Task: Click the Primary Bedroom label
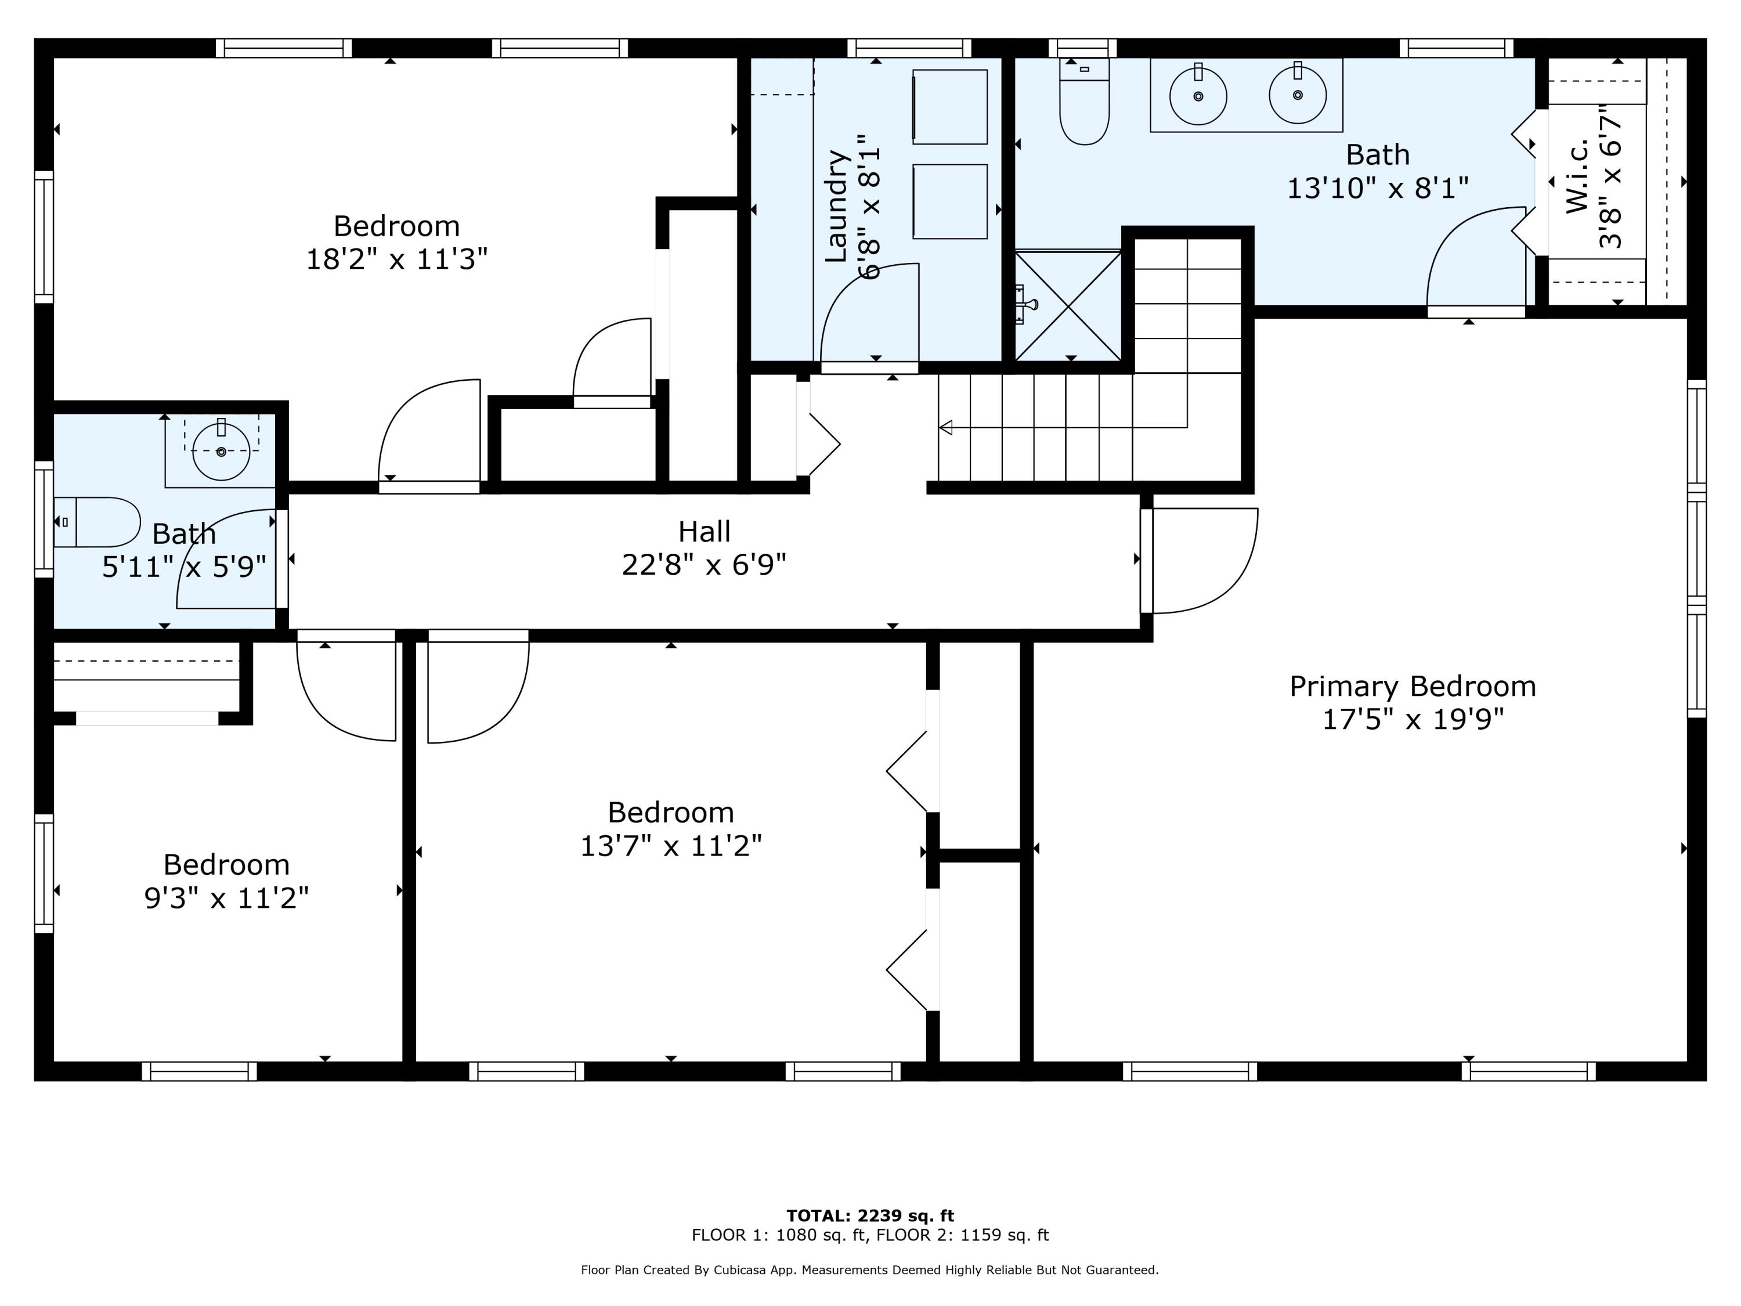(x=1412, y=687)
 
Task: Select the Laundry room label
(x=836, y=206)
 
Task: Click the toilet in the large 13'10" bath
(x=1085, y=102)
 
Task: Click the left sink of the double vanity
(x=1198, y=95)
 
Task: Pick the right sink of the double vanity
(x=1298, y=95)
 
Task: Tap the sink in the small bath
(x=221, y=451)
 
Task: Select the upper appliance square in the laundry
(x=950, y=107)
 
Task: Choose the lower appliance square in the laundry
(x=950, y=201)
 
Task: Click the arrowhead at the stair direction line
(x=946, y=427)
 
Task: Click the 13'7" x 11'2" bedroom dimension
(x=671, y=846)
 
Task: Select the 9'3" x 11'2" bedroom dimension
(x=227, y=898)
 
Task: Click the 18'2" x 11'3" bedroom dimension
(x=397, y=259)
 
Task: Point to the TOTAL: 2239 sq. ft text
(x=870, y=1216)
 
